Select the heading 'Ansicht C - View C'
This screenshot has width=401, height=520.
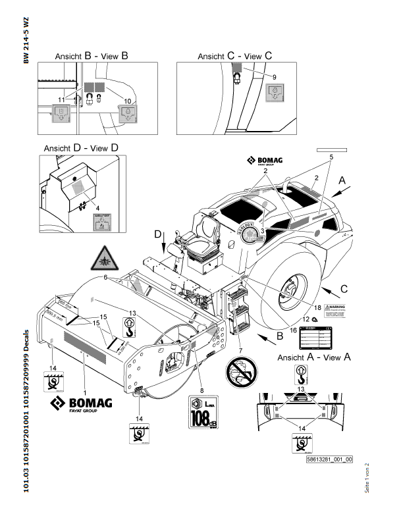(235, 57)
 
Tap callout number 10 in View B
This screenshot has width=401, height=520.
(128, 99)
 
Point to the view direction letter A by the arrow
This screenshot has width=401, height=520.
(342, 180)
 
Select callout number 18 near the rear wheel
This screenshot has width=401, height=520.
(317, 307)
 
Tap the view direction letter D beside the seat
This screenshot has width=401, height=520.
(157, 234)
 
